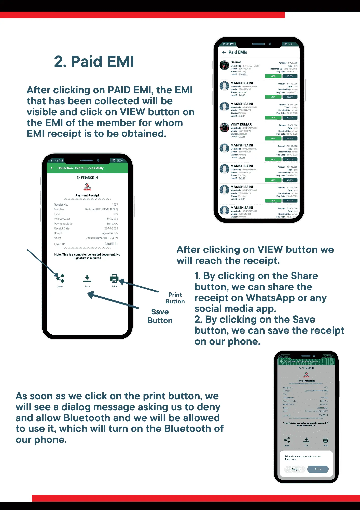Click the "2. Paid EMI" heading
pyautogui.click(x=94, y=62)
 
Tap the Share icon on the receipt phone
pyautogui.click(x=60, y=278)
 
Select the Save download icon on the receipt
pyautogui.click(x=87, y=278)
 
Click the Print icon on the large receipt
pyautogui.click(x=114, y=278)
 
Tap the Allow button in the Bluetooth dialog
pyautogui.click(x=318, y=469)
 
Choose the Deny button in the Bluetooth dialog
pyautogui.click(x=295, y=469)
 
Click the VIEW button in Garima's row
pyautogui.click(x=273, y=76)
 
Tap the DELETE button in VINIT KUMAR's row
pyautogui.click(x=290, y=138)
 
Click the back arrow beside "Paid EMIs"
pyautogui.click(x=224, y=52)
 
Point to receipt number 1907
pyautogui.click(x=115, y=205)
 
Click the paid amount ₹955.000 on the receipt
pyautogui.click(x=112, y=219)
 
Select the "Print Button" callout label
pyautogui.click(x=175, y=298)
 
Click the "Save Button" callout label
pyautogui.click(x=160, y=316)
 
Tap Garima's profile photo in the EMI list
pyautogui.click(x=225, y=65)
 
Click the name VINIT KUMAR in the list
pyautogui.click(x=241, y=125)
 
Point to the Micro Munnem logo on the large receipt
pyautogui.click(x=87, y=187)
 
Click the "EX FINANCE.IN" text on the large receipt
pyautogui.click(x=87, y=178)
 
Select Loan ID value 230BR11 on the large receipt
pyautogui.click(x=111, y=244)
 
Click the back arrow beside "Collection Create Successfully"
pyautogui.click(x=52, y=168)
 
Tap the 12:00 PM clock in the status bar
pyautogui.click(x=228, y=44)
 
